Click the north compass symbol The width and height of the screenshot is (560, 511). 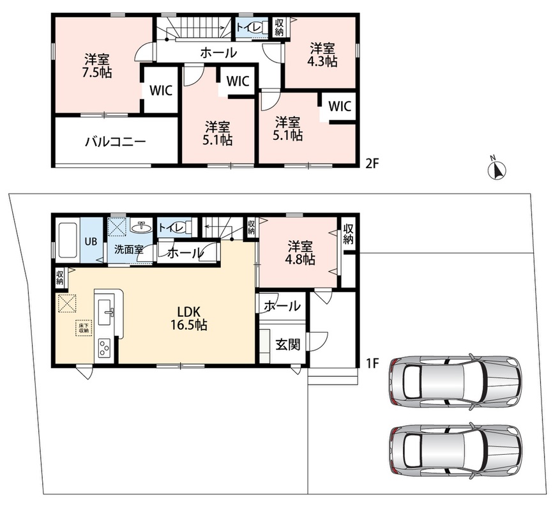click(x=497, y=170)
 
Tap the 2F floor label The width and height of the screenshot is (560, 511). click(x=372, y=164)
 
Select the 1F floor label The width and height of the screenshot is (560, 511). click(x=372, y=363)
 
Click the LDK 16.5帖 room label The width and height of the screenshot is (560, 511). click(x=189, y=318)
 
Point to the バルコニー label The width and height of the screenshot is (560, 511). click(x=116, y=142)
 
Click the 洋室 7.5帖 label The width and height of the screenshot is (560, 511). click(x=97, y=66)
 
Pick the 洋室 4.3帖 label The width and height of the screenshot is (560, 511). click(x=322, y=55)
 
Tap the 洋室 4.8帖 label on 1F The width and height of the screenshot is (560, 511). click(x=300, y=253)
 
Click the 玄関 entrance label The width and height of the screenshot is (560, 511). click(x=287, y=344)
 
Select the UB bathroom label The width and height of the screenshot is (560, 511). click(x=91, y=241)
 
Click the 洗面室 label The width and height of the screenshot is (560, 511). click(x=128, y=249)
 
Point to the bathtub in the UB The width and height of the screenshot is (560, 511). click(x=68, y=241)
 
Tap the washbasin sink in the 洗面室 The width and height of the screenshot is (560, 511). click(x=141, y=227)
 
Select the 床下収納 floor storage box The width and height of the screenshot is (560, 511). click(x=84, y=328)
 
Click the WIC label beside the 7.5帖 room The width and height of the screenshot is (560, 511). click(x=161, y=91)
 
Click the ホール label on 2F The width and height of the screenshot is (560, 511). click(x=218, y=53)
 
